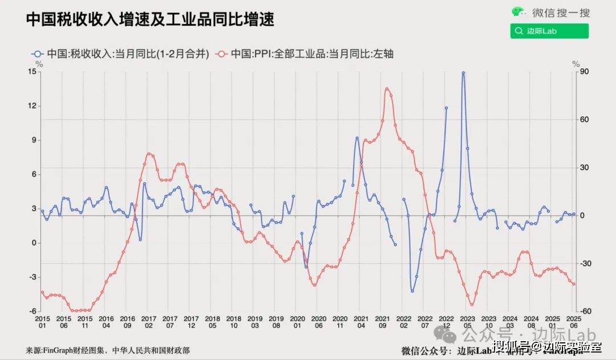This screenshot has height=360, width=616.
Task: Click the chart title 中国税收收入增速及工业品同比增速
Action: (x=151, y=19)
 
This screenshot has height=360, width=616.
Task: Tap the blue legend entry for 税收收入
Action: (x=123, y=54)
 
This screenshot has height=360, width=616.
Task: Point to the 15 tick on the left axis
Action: (x=32, y=71)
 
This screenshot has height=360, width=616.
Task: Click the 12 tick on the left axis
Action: (x=32, y=106)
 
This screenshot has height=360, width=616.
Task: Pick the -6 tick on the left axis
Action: (x=32, y=312)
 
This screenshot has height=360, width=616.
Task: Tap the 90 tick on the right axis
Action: (x=583, y=71)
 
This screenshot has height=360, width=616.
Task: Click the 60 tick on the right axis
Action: (x=583, y=119)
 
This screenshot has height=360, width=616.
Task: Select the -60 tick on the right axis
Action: (x=583, y=312)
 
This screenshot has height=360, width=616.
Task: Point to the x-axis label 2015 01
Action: (x=42, y=321)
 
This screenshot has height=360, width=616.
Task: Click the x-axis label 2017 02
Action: (x=148, y=321)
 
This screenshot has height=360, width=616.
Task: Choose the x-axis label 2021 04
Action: (x=360, y=321)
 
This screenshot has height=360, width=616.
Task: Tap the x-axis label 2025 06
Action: (x=573, y=321)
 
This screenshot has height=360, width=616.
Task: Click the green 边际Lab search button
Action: (x=549, y=31)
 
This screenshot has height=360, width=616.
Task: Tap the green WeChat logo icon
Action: (x=517, y=12)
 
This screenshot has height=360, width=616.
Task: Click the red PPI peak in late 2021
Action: (x=387, y=88)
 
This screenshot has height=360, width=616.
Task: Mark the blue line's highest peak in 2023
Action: (x=463, y=72)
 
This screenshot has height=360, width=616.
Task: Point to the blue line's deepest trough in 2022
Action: (x=412, y=291)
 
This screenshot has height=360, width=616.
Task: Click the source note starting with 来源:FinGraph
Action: (x=108, y=350)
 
